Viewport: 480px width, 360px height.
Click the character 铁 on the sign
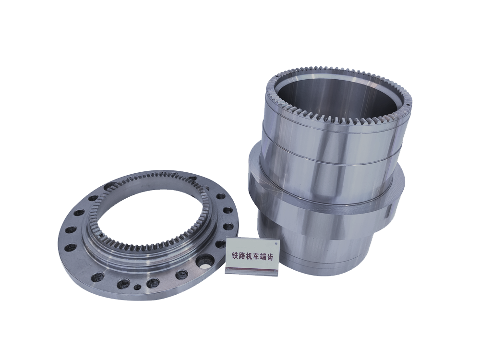click(x=235, y=256)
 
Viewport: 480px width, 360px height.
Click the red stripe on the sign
click(x=252, y=269)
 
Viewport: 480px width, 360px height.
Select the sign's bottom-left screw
click(x=228, y=269)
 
